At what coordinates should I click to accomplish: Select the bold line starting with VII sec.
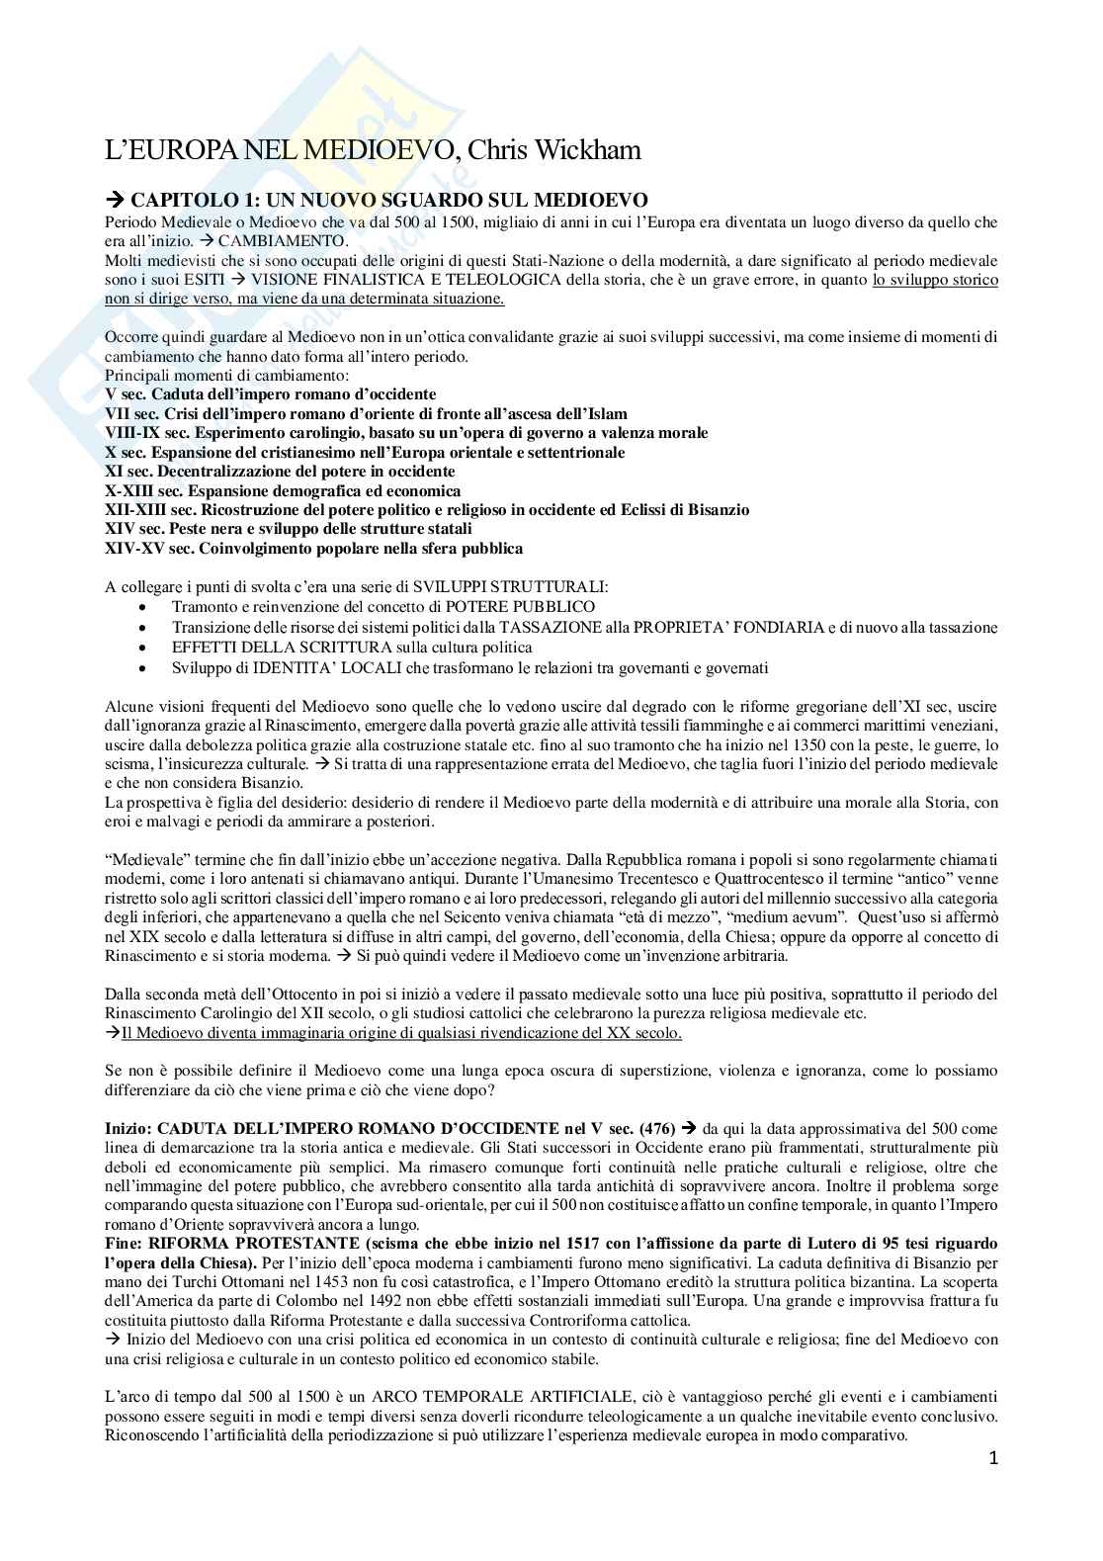coord(366,413)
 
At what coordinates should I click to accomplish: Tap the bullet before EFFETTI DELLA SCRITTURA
coord(145,648)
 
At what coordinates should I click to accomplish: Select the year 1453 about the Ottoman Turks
coord(279,1282)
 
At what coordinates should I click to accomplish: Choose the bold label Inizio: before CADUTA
coord(128,1128)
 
